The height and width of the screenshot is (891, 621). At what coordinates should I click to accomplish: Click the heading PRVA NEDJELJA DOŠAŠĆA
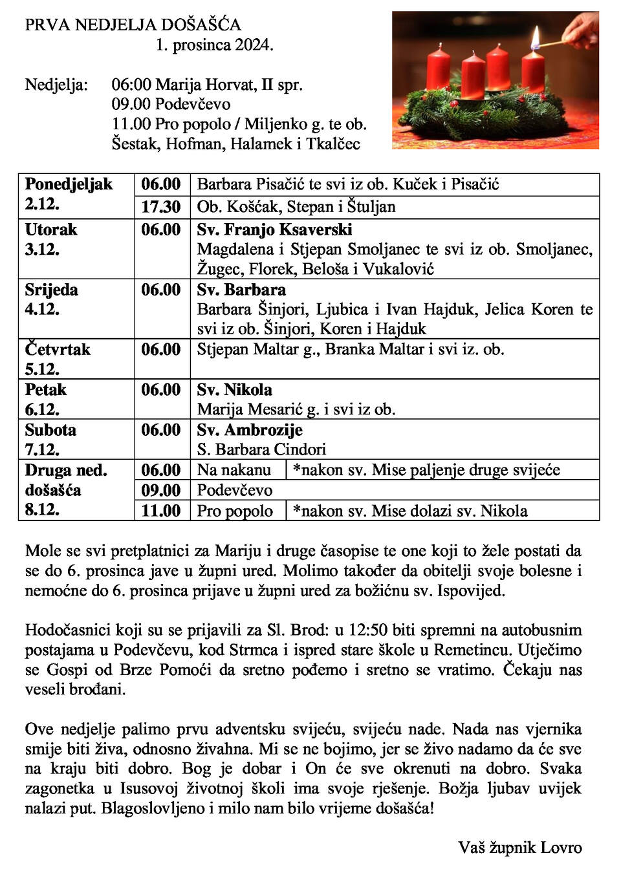pyautogui.click(x=133, y=25)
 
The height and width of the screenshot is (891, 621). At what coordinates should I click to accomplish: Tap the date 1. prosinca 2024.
pyautogui.click(x=214, y=45)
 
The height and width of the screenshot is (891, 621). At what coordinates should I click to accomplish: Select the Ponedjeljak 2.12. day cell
pyautogui.click(x=69, y=194)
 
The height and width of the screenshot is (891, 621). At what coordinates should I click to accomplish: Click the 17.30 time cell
pyautogui.click(x=160, y=207)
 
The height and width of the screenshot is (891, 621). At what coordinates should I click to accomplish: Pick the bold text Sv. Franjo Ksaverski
pyautogui.click(x=274, y=230)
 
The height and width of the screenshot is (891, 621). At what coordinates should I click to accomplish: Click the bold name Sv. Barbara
pyautogui.click(x=241, y=290)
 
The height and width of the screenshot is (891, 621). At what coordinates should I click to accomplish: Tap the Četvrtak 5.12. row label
pyautogui.click(x=58, y=359)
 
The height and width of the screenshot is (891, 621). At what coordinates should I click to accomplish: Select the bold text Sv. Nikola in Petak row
pyautogui.click(x=234, y=390)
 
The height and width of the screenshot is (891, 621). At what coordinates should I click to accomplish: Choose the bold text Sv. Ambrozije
pyautogui.click(x=250, y=430)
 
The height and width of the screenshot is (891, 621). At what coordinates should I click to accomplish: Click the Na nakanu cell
pyautogui.click(x=234, y=470)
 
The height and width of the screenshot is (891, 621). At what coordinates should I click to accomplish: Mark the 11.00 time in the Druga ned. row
pyautogui.click(x=160, y=511)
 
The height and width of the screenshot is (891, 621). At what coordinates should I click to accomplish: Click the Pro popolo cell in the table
pyautogui.click(x=235, y=511)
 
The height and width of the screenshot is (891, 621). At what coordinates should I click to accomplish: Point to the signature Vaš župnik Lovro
pyautogui.click(x=519, y=848)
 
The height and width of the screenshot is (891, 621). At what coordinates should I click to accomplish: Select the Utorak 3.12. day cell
pyautogui.click(x=51, y=239)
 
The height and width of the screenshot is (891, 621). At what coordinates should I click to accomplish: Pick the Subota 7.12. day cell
pyautogui.click(x=50, y=440)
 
